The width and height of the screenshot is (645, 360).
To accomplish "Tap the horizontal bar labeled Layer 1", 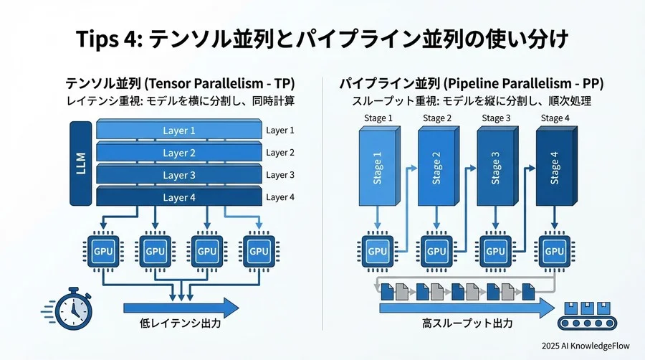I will (178, 131).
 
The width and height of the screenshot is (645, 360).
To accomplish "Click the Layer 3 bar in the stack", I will (178, 175).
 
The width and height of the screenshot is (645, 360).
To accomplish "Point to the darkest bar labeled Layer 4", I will (178, 197).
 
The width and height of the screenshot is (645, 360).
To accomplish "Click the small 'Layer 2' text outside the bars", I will (280, 153).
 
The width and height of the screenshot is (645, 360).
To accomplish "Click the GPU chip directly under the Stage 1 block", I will (377, 251).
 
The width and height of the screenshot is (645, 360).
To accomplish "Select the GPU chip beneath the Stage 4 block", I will (553, 251).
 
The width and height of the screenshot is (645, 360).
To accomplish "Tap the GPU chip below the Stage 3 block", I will (494, 251).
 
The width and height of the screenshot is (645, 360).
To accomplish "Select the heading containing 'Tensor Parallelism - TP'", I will (179, 82).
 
